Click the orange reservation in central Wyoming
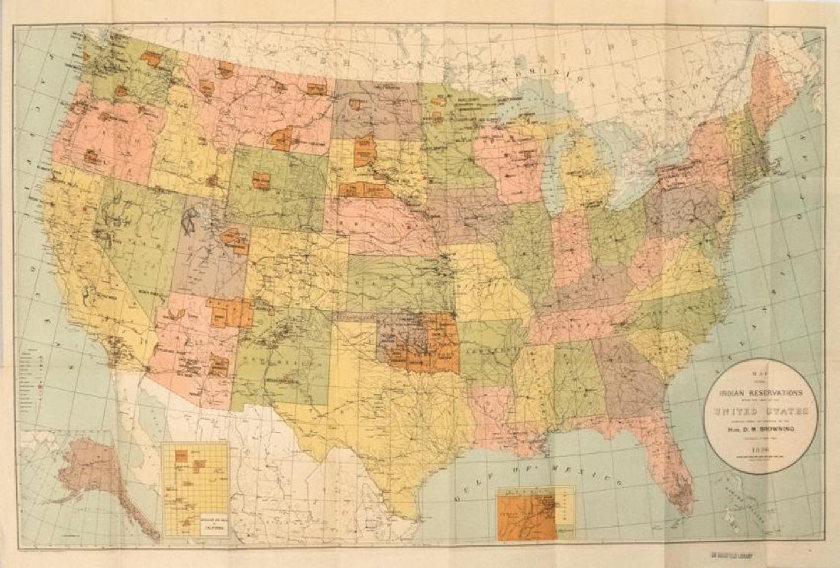[x=261, y=180]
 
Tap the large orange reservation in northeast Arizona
[x=228, y=312]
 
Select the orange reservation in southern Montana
[x=283, y=140]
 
